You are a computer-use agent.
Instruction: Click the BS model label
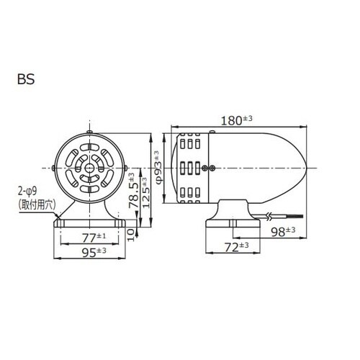pyautogui.click(x=26, y=79)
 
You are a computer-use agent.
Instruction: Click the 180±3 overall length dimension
pyautogui.click(x=236, y=120)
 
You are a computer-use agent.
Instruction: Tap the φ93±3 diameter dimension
pyautogui.click(x=158, y=168)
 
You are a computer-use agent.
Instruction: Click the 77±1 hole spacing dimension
pyautogui.click(x=94, y=238)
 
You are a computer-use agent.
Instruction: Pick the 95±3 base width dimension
pyautogui.click(x=94, y=252)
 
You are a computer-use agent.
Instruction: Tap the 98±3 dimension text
pyautogui.click(x=283, y=231)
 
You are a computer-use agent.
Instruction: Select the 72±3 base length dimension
pyautogui.click(x=236, y=247)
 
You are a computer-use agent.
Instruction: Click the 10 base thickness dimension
pyautogui.click(x=130, y=235)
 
